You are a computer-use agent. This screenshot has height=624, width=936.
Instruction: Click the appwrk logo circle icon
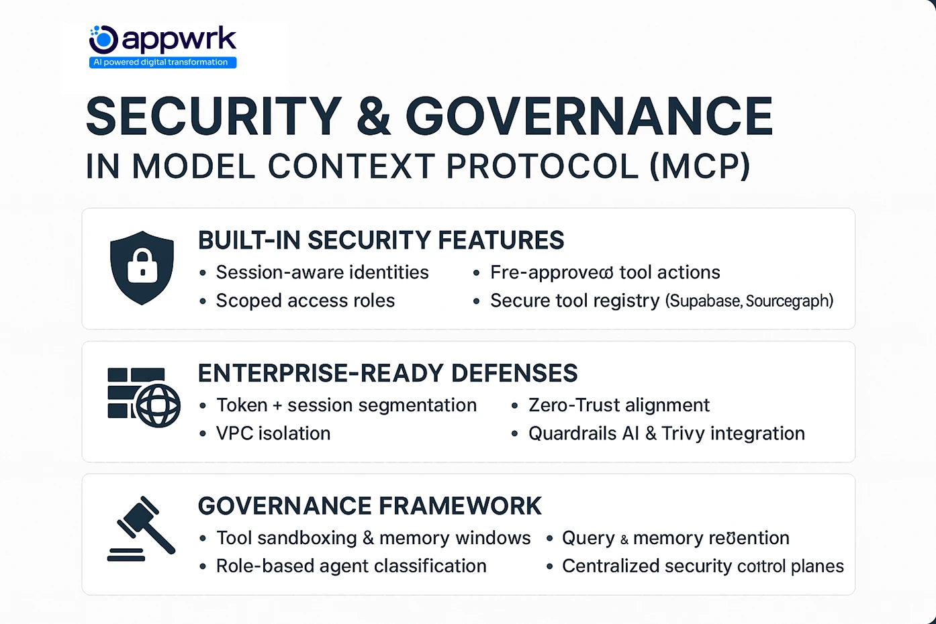[104, 40]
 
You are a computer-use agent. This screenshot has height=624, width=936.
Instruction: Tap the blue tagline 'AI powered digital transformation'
[162, 62]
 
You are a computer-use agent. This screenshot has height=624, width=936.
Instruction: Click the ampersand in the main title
[374, 117]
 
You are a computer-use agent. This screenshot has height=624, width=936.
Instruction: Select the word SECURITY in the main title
[214, 117]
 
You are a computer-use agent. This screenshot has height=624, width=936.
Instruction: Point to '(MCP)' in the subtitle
[700, 166]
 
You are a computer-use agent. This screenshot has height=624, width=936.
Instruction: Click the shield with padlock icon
[142, 267]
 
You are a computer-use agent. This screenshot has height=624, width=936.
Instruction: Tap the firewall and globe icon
[144, 397]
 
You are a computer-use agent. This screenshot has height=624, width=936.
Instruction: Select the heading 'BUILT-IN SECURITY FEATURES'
[381, 240]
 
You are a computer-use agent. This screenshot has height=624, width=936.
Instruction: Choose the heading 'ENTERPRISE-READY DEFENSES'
[387, 373]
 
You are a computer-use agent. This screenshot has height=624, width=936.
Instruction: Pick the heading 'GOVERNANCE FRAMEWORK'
[369, 506]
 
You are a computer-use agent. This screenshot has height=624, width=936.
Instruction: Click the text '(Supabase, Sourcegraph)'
[749, 301]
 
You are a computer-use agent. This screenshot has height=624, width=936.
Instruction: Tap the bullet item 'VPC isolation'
[273, 433]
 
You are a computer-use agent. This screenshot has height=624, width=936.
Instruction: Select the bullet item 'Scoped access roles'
[306, 301]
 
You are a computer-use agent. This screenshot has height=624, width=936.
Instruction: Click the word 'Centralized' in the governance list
[611, 566]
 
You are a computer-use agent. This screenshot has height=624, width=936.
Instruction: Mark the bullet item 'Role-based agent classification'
[351, 566]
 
